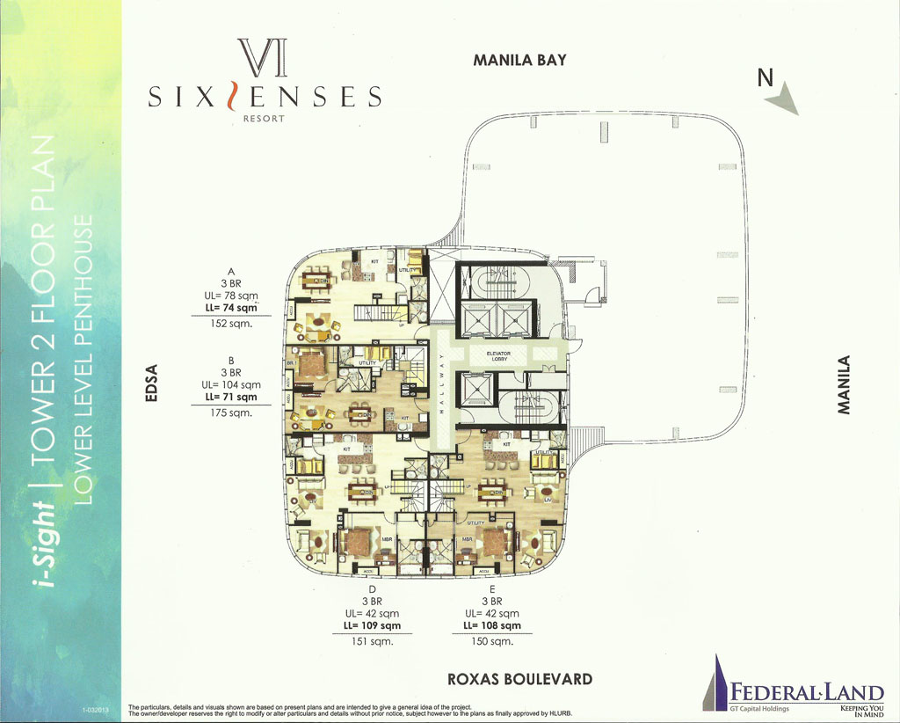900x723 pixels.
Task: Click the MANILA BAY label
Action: click(x=519, y=61)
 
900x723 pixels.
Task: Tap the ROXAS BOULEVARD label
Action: click(x=519, y=679)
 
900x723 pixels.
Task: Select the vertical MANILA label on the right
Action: click(x=845, y=384)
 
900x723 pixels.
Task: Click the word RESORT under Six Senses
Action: click(x=265, y=119)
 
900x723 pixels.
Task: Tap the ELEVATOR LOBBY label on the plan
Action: click(x=511, y=357)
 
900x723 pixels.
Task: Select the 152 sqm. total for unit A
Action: click(x=231, y=324)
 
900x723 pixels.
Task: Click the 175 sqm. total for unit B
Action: click(x=231, y=413)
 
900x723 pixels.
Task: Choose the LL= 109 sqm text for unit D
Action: click(x=372, y=625)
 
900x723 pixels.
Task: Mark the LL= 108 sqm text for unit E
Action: click(x=491, y=625)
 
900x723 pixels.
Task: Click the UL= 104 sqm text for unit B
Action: click(x=231, y=384)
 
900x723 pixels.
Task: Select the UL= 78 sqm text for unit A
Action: click(x=231, y=296)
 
